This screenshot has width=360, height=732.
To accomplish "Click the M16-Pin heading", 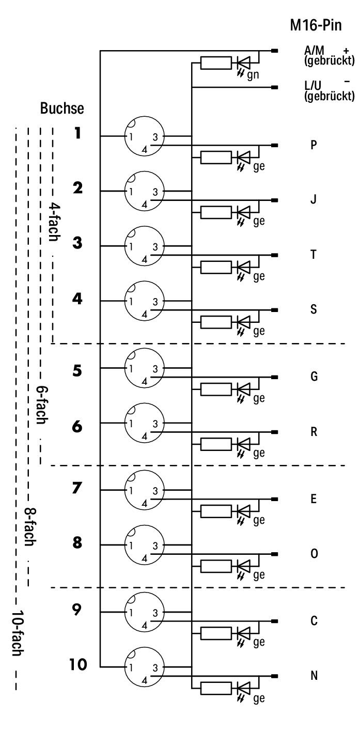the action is coord(316,25).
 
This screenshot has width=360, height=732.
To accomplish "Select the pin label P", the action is coord(314,145).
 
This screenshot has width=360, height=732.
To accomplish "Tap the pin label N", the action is coord(314,676).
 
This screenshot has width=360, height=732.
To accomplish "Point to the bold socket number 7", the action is coord(77,488).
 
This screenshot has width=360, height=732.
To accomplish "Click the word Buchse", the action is coord(62,108).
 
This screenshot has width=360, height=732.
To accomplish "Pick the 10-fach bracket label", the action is coord(18,633).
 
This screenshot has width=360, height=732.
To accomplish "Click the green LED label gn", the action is coord(253,75).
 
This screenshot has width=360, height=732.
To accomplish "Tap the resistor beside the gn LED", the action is coord(216,63).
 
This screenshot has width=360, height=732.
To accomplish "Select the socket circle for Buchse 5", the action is coord(144,368).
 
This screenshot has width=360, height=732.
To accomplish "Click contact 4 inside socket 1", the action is coord(145,150).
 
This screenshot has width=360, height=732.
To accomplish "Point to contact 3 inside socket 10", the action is coord(155,668).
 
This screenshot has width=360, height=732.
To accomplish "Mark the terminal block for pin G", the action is coord(275,377).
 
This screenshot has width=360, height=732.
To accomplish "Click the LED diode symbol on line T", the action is coord(243,267).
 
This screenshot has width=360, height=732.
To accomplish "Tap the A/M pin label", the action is coord(314,50).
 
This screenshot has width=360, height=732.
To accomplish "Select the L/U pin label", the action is coord(313,86).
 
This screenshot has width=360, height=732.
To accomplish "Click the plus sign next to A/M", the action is coord(346,51).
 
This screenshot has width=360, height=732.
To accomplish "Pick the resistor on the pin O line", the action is coord(216,567).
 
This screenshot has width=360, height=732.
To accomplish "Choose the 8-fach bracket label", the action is coord(30,527).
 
